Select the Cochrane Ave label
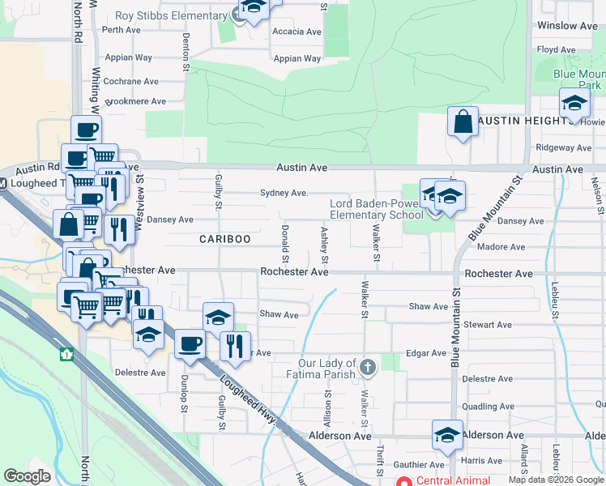[130, 82]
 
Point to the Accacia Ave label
[297, 32]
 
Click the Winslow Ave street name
[567, 26]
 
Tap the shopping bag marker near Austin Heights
[463, 122]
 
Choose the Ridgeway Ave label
[564, 148]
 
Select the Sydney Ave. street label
[284, 194]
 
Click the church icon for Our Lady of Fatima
[368, 369]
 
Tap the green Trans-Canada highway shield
[67, 354]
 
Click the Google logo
[27, 476]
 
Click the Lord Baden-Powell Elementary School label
[376, 209]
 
